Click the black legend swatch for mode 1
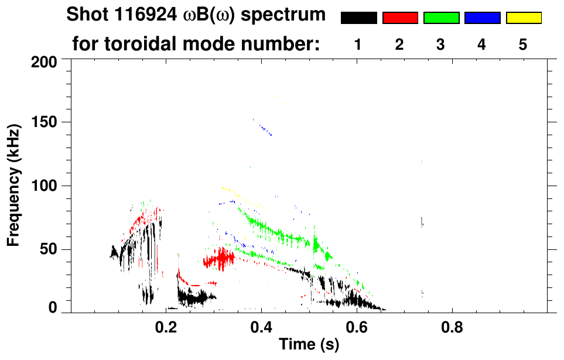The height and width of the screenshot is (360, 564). tap(358, 18)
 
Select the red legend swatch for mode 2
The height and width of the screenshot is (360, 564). tap(400, 18)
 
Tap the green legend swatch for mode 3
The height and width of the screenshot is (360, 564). tap(441, 18)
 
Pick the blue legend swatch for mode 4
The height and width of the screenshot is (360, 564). tap(482, 18)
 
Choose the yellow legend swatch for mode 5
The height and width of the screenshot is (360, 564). tap(523, 18)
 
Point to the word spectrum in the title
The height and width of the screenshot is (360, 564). tap(290, 16)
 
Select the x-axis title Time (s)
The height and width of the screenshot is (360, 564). tap(309, 345)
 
